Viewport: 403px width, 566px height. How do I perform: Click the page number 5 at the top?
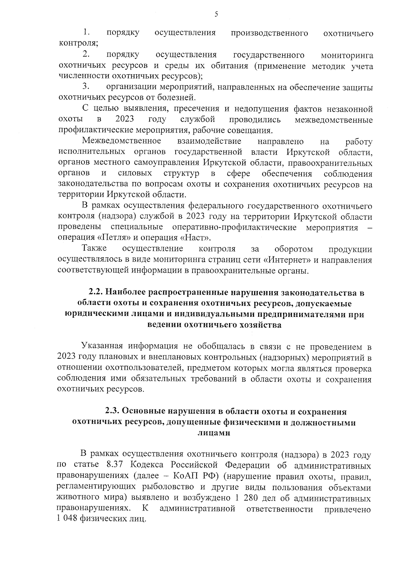(x=216, y=14)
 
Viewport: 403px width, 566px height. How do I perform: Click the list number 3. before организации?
(x=85, y=87)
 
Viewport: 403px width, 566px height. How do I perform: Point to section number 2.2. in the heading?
(x=96, y=293)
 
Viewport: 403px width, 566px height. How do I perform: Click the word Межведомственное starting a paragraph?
(x=122, y=141)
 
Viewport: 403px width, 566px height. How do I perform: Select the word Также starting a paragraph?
(x=94, y=249)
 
